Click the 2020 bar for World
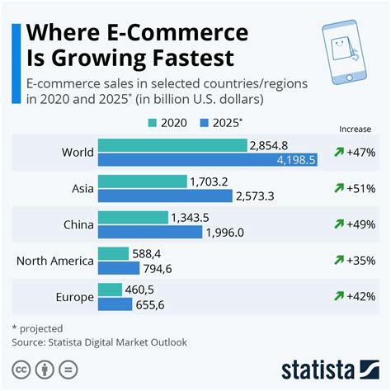(172, 145)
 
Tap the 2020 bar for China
(132, 218)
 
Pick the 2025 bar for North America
(115, 267)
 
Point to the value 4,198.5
(294, 159)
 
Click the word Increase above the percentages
(355, 129)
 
